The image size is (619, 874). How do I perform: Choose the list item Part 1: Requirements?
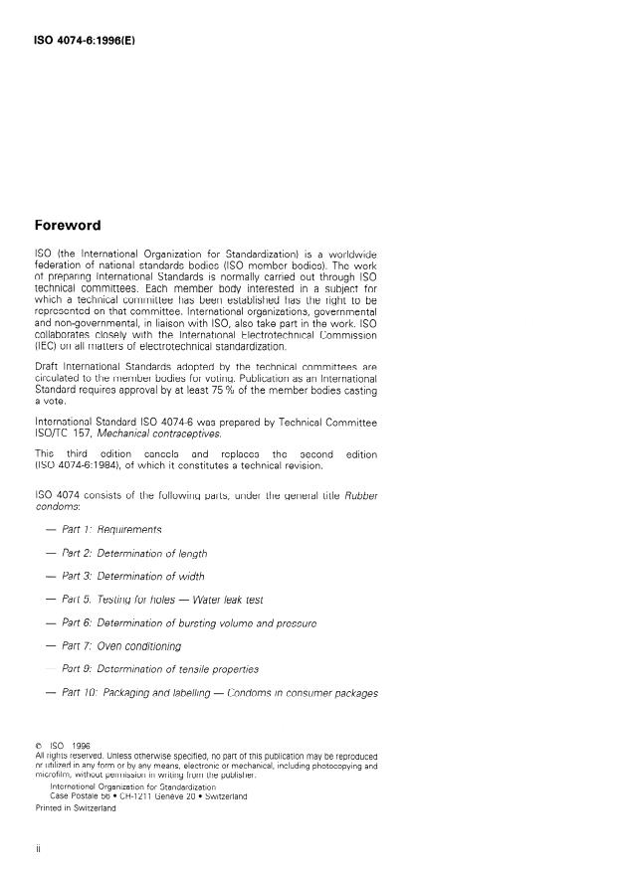110,531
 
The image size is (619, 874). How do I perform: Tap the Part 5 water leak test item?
161,600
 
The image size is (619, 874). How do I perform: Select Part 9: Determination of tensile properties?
159,669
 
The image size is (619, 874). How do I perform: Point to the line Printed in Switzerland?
75,808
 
